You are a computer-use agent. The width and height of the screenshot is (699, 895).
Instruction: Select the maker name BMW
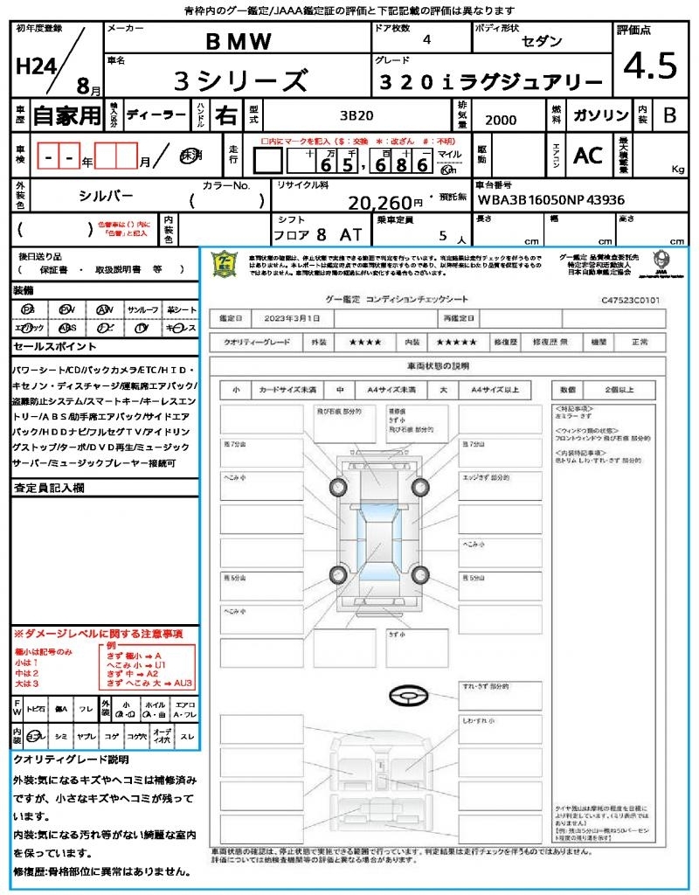pyautogui.click(x=239, y=41)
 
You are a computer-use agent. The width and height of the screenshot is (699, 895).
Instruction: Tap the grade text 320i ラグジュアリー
pyautogui.click(x=492, y=81)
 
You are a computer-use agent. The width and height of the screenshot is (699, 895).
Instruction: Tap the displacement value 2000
pyautogui.click(x=501, y=121)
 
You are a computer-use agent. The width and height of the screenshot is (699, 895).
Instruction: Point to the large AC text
pyautogui.click(x=588, y=155)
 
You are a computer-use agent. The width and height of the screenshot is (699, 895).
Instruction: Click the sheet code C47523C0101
pyautogui.click(x=629, y=300)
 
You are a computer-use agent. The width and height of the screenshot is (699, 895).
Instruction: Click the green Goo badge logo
pyautogui.click(x=225, y=263)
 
